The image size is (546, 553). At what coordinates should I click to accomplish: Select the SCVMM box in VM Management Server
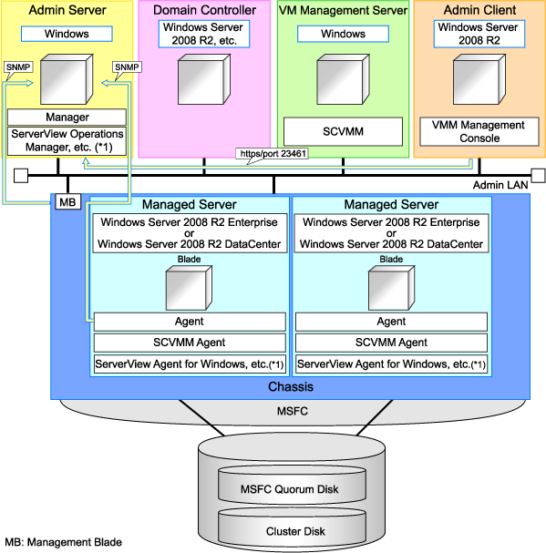coord(343,131)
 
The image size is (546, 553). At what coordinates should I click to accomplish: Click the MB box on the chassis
coord(67,201)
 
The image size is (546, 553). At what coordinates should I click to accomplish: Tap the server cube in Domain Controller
coord(204,76)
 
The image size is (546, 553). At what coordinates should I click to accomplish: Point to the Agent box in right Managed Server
coord(391,321)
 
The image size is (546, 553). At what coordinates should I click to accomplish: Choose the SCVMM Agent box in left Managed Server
coord(190,343)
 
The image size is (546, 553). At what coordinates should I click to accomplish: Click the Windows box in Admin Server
coord(67,34)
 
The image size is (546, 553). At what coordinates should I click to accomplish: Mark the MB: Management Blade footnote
coord(63,542)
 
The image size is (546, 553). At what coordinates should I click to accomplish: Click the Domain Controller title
coord(204,10)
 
